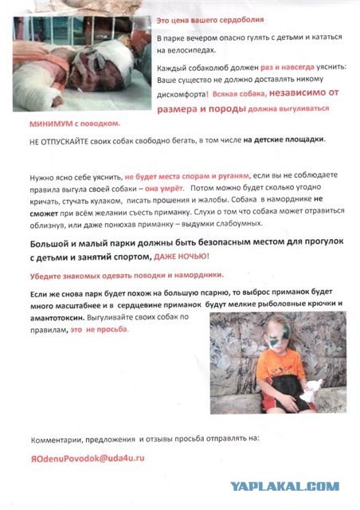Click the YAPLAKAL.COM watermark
coord(285,486)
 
